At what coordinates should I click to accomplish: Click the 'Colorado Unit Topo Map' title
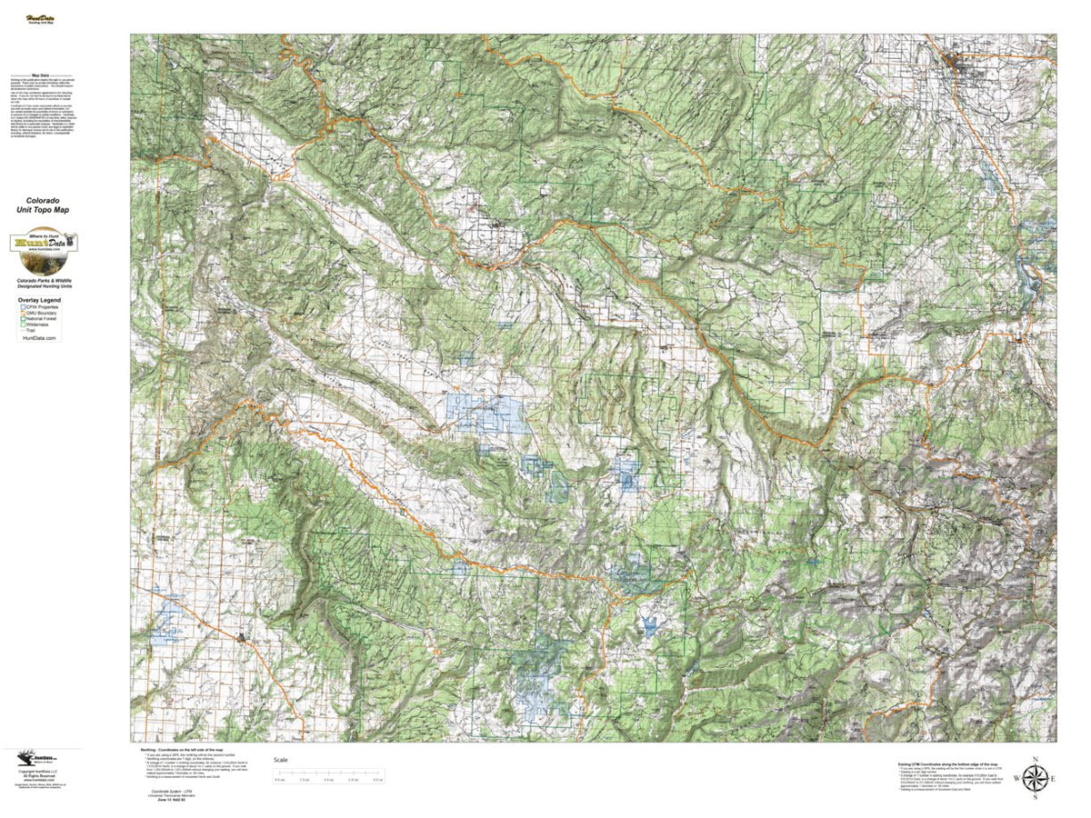click(47, 204)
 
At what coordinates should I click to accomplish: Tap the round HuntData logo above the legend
click(43, 244)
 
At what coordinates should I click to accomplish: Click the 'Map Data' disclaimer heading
click(40, 76)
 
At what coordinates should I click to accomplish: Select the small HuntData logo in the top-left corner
click(39, 17)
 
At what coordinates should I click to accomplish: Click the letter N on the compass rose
click(1035, 759)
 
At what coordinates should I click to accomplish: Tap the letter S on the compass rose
click(1035, 797)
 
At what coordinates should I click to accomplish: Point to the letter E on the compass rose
click(1054, 779)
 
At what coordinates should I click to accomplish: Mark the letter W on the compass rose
click(1016, 779)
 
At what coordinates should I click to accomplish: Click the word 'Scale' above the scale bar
click(281, 760)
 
